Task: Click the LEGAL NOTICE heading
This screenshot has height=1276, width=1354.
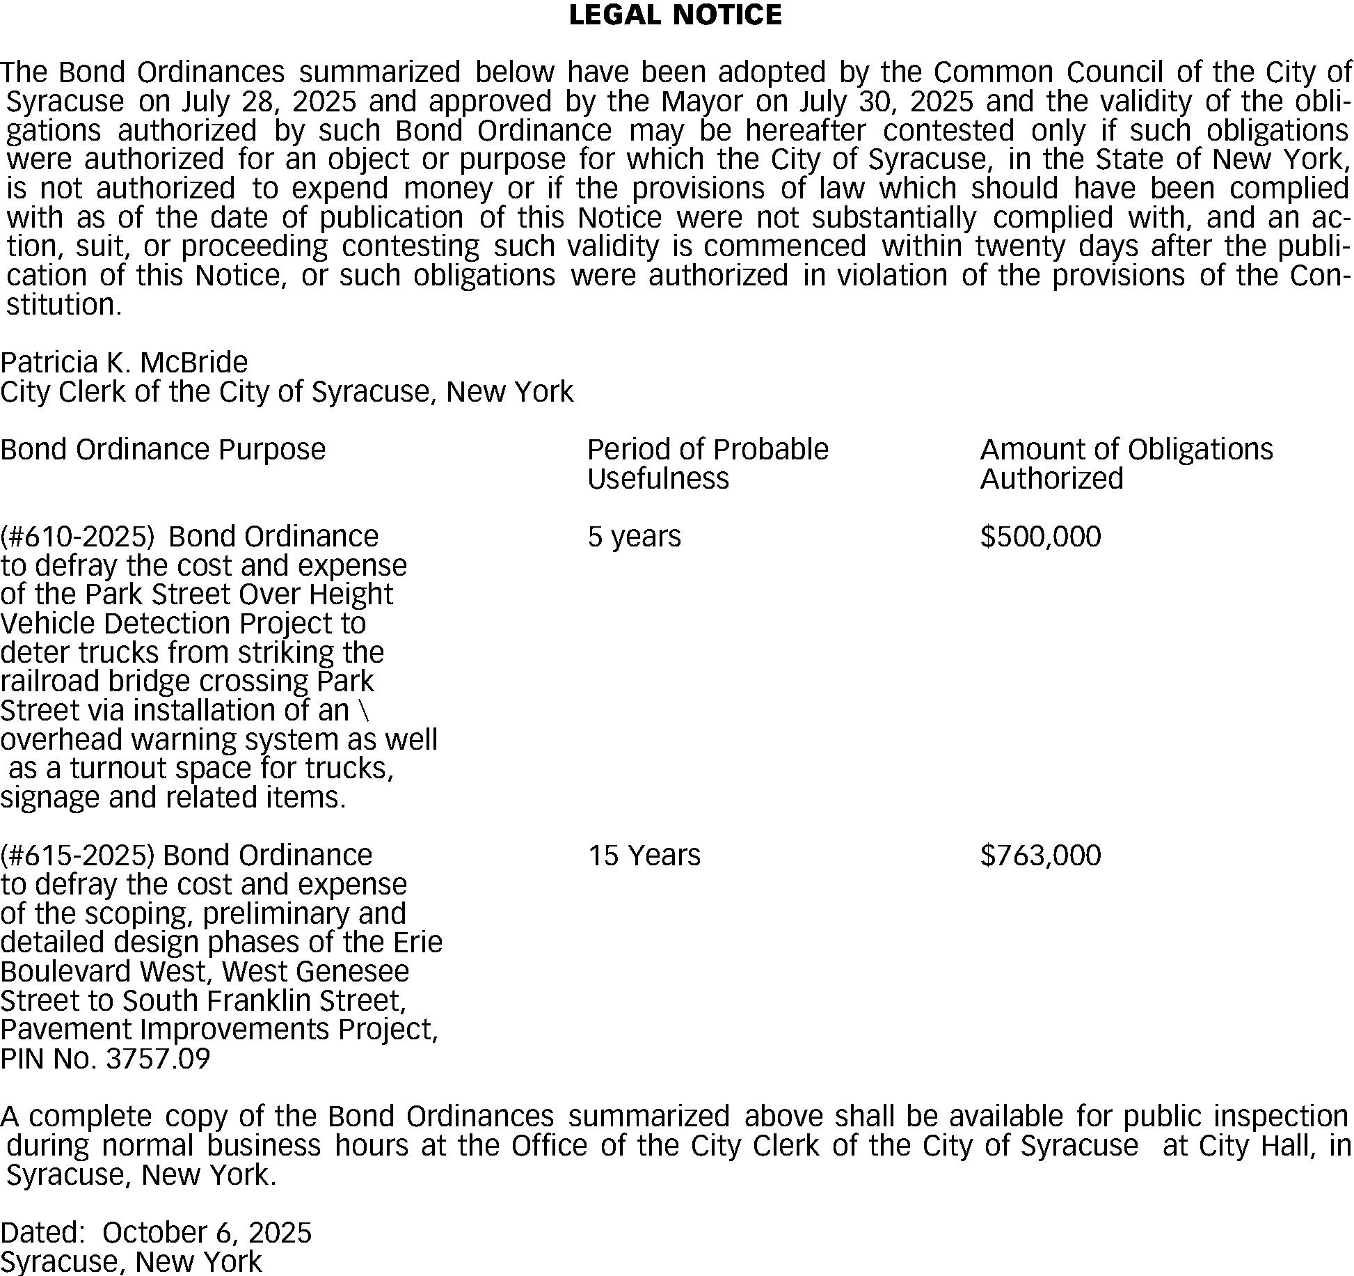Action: pyautogui.click(x=675, y=15)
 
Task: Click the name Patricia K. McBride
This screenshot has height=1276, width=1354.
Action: pyautogui.click(x=124, y=363)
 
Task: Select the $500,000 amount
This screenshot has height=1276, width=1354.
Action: pyautogui.click(x=1040, y=537)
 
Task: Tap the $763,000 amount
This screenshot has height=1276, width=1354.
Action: pyautogui.click(x=1040, y=856)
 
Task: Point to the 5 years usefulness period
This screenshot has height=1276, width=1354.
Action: pyautogui.click(x=634, y=537)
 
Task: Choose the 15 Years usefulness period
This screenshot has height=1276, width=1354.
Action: pyautogui.click(x=644, y=856)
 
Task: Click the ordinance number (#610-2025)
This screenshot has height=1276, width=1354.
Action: pyautogui.click(x=77, y=537)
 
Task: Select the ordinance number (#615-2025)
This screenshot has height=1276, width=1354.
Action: pyautogui.click(x=77, y=856)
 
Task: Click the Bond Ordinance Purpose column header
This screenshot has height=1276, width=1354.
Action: pyautogui.click(x=163, y=450)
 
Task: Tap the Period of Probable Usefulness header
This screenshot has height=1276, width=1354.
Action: pyautogui.click(x=707, y=464)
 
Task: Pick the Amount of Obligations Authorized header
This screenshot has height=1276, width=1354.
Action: pyautogui.click(x=1126, y=464)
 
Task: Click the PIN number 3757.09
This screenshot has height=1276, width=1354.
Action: pyautogui.click(x=157, y=1059)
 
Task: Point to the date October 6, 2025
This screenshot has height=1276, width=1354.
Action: pyautogui.click(x=207, y=1233)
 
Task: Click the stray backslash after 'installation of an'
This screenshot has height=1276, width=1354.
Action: pyautogui.click(x=367, y=711)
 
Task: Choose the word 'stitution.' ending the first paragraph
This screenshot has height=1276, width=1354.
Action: pyautogui.click(x=64, y=305)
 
